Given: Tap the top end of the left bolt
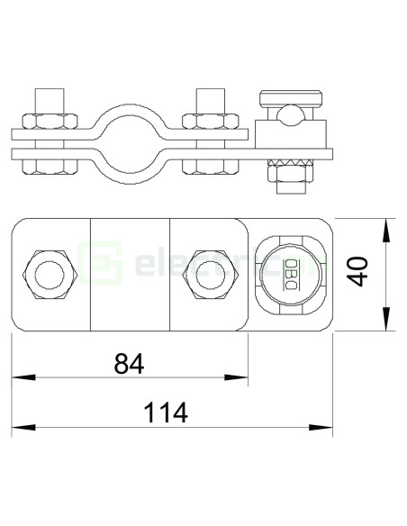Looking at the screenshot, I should coord(49,95).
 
